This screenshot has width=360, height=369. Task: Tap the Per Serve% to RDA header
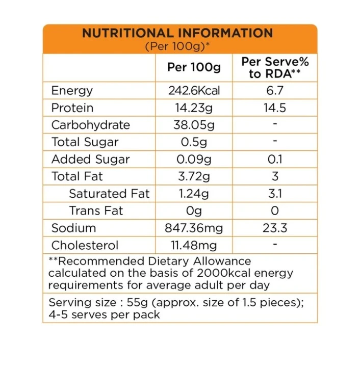(x=275, y=67)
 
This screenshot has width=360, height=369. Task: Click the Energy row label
(x=72, y=91)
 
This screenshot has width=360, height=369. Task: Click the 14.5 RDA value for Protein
(x=275, y=108)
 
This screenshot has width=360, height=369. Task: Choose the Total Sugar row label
(x=85, y=142)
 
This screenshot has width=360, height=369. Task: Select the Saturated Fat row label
(x=110, y=194)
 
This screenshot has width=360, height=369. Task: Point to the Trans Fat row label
(x=96, y=211)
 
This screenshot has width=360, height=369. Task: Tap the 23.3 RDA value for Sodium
(x=275, y=228)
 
